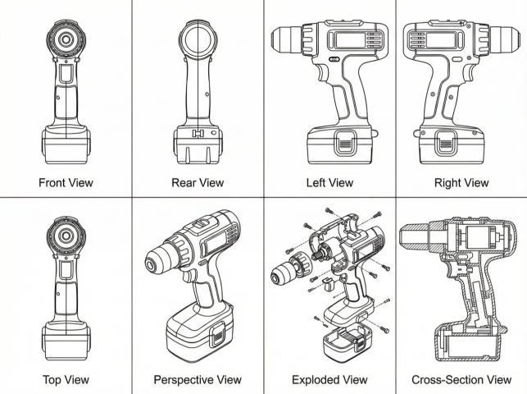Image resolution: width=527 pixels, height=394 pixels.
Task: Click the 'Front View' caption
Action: (x=66, y=182)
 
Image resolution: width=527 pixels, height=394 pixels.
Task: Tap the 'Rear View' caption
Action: (x=197, y=182)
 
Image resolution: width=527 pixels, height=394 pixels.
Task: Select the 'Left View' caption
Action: (x=329, y=182)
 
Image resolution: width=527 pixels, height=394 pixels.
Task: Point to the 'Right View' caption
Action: (x=461, y=182)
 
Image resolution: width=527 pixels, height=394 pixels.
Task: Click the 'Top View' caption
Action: (x=66, y=380)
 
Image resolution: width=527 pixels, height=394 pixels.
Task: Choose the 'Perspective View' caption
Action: (x=198, y=380)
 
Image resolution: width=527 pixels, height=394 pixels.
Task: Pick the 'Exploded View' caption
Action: (x=329, y=380)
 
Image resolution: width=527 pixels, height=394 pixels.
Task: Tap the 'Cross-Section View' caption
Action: (x=461, y=380)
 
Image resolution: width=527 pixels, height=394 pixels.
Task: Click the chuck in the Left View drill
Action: (x=288, y=38)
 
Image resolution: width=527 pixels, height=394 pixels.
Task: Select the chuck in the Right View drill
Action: (x=502, y=38)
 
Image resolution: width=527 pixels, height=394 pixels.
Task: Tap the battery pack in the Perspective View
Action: (x=198, y=337)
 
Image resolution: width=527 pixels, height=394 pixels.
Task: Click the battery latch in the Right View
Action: (x=447, y=140)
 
